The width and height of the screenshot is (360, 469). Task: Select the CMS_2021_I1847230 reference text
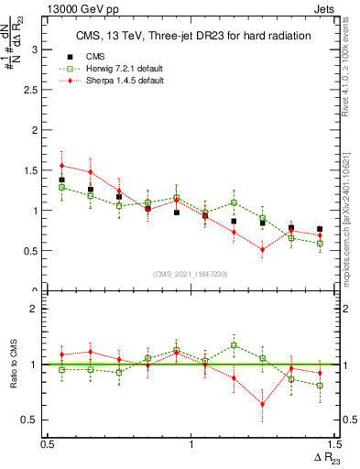point(191,274)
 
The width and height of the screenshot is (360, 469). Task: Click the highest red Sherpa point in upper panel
point(61,166)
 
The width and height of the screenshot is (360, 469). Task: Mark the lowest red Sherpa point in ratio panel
point(262,404)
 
